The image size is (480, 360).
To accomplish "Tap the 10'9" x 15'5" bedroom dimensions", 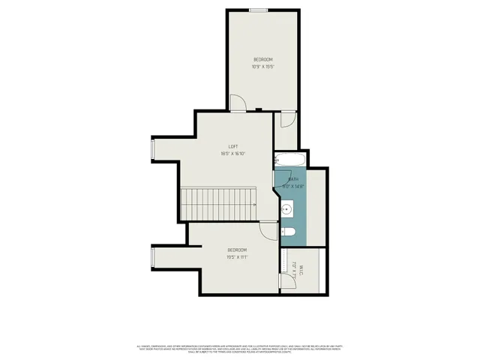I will point(262,67).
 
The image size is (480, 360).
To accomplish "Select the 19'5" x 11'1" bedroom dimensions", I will point(237,256).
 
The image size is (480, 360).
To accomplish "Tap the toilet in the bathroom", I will point(287,231).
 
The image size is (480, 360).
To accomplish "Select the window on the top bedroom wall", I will point(259,10).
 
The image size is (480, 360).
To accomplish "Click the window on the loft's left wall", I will point(154,151).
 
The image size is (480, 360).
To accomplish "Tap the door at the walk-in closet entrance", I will point(285,280).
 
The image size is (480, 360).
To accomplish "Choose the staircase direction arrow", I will point(253,203).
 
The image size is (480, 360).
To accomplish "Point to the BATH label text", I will point(293,179).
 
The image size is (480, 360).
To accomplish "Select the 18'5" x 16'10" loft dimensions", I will point(233,154).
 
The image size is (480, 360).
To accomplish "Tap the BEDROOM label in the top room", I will point(262,59).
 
